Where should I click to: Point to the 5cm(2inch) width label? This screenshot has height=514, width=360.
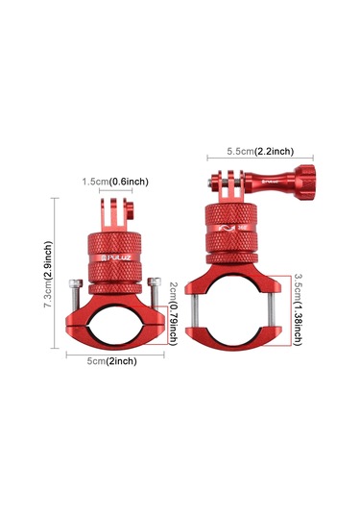pos(108,360)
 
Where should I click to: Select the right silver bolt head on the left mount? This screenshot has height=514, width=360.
pos(153,283)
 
